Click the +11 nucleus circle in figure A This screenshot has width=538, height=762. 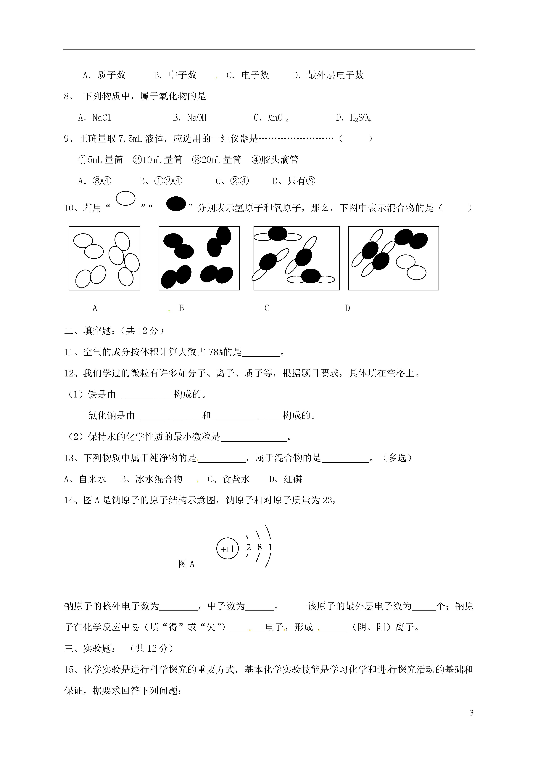tap(227, 549)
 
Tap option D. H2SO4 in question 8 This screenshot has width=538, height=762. tap(353, 118)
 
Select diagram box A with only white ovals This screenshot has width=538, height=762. tap(104, 258)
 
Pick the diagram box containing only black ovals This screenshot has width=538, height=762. tap(199, 258)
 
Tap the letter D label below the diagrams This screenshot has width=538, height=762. tap(347, 308)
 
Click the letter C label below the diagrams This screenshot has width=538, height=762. tap(267, 308)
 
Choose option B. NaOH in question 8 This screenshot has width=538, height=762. tap(190, 118)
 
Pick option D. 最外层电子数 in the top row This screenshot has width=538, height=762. tap(328, 75)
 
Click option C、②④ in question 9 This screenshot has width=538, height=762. tap(232, 181)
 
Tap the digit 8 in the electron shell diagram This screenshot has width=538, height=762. tap(260, 547)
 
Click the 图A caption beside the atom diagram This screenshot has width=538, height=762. tap(186, 564)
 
